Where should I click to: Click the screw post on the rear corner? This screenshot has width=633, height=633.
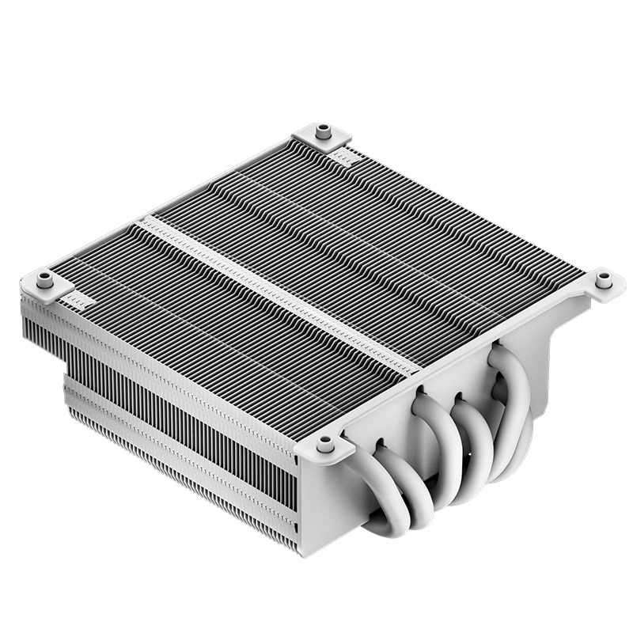[x=323, y=131]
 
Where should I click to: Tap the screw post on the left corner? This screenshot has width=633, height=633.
[x=46, y=279]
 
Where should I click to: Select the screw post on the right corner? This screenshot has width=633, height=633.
[x=604, y=279]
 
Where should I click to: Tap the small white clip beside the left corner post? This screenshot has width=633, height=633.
[x=74, y=300]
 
